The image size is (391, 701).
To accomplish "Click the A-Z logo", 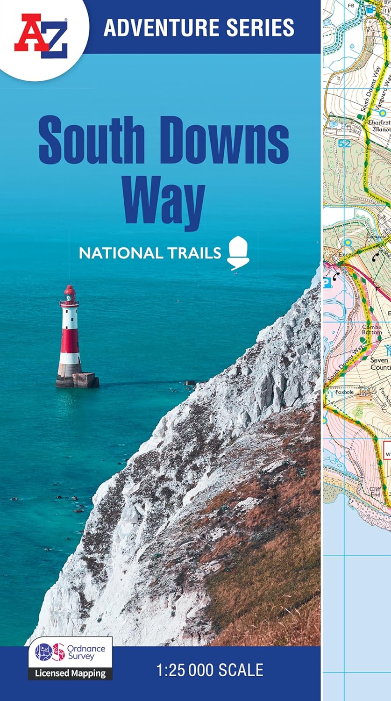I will click(41, 36).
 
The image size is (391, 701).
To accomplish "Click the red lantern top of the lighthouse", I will click(70, 294).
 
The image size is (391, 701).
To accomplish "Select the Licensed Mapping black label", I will click(70, 673).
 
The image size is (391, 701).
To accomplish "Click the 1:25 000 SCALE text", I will click(210, 670).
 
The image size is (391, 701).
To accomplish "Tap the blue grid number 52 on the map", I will click(344, 144).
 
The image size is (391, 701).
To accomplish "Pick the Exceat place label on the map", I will click(347, 254).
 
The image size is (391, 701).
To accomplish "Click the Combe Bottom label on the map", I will click(372, 329).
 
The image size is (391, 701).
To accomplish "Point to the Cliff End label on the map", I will click(375, 492).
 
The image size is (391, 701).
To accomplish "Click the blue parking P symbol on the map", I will click(327, 282).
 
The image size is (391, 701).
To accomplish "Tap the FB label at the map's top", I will click(351, 6).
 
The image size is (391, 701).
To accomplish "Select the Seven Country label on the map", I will click(379, 364).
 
